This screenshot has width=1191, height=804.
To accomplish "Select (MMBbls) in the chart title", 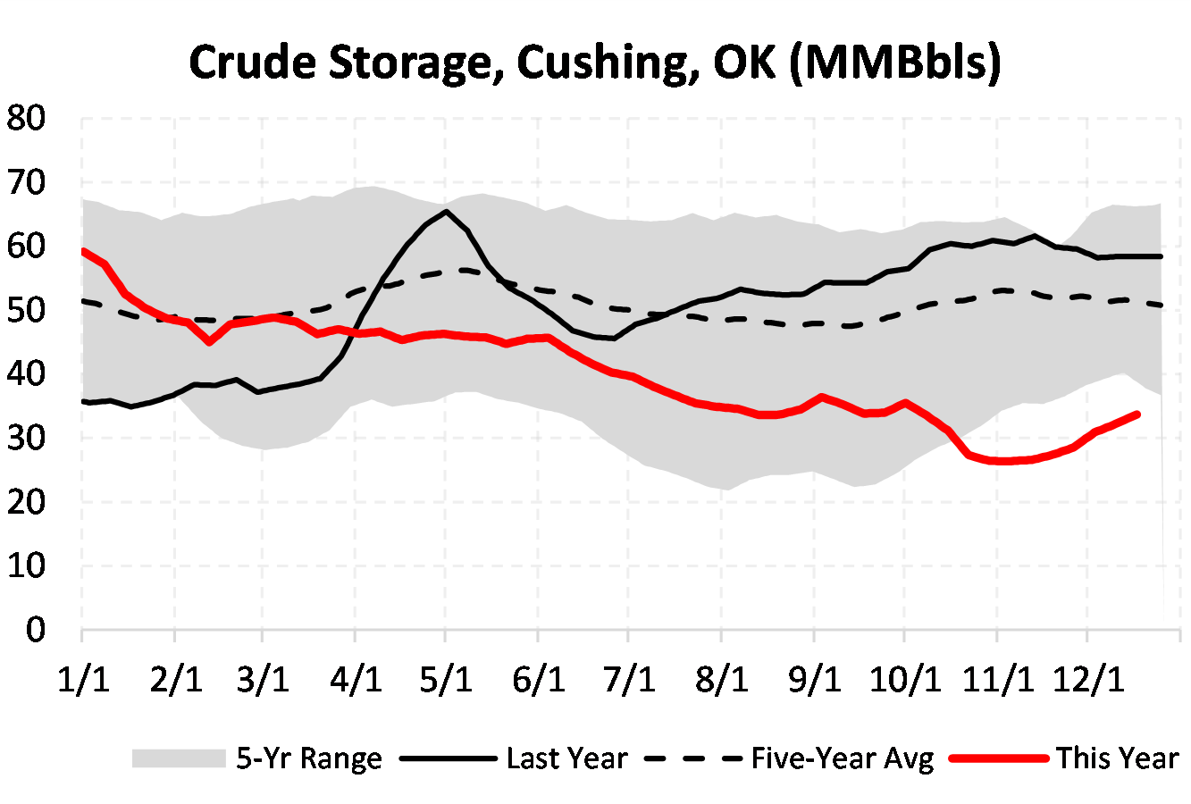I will (895, 62).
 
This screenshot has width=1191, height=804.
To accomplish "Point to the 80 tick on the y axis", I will (26, 119).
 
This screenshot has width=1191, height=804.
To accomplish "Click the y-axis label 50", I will (26, 311).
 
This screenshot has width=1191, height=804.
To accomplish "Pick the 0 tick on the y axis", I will (36, 630).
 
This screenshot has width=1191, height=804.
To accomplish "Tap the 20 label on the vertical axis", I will (26, 502).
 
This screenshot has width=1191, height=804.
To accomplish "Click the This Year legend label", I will (1117, 758).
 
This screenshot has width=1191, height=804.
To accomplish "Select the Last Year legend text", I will (566, 758).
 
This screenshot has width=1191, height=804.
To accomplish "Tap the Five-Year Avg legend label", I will (842, 758).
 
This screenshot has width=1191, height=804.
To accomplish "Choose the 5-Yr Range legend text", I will (308, 758).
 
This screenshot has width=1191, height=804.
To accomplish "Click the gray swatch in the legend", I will (178, 758).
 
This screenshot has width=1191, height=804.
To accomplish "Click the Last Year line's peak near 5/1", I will (446, 212).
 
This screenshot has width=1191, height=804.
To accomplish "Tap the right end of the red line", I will (1136, 414).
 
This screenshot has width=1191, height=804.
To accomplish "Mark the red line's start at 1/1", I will (83, 251).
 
